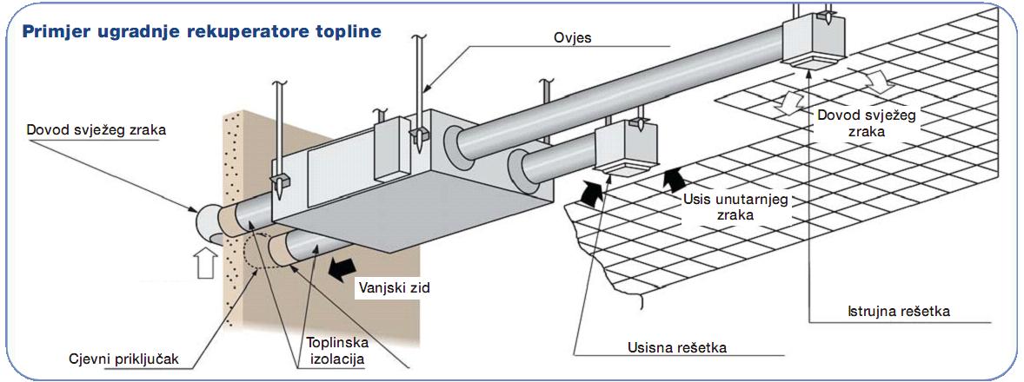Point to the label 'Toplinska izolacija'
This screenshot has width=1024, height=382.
pos(334,348)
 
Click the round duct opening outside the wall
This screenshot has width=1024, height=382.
pos(206,225)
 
